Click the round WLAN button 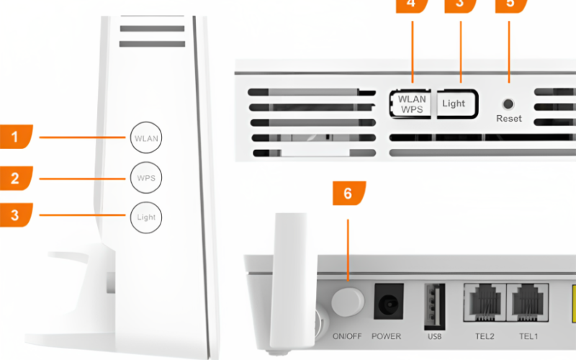click(146, 137)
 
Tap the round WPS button click(146, 176)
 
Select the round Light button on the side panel click(146, 216)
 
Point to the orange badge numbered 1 click(15, 136)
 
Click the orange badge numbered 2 click(15, 176)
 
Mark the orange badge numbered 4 click(411, 4)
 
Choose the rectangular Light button click(454, 104)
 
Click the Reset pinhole click(509, 104)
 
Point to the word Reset click(509, 118)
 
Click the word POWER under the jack click(386, 336)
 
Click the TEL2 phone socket click(485, 301)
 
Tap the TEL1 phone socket click(528, 301)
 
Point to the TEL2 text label click(485, 336)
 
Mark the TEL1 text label click(528, 336)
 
